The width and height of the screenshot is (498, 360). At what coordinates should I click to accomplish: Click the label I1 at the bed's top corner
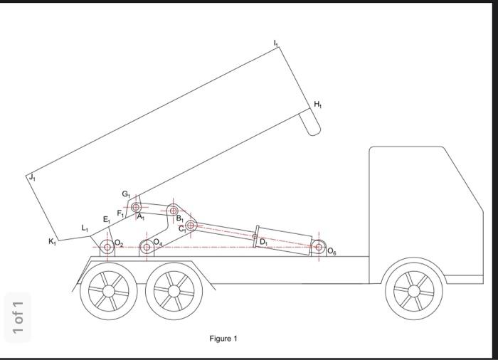[276, 43]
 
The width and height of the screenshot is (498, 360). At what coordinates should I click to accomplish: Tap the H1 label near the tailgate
[317, 105]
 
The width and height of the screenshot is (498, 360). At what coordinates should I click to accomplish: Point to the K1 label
[52, 242]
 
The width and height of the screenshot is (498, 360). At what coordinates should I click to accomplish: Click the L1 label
[85, 228]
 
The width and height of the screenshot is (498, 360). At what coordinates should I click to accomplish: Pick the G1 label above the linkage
[125, 194]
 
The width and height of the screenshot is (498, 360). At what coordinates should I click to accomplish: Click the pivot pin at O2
[107, 247]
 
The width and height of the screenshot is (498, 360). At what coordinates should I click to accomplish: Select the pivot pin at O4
[147, 247]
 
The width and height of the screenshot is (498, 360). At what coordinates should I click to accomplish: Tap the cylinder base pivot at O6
[319, 247]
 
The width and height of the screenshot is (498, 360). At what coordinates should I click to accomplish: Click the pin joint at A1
[136, 207]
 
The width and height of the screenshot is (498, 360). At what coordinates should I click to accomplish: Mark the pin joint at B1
[173, 210]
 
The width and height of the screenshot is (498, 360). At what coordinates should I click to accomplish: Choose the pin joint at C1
[190, 226]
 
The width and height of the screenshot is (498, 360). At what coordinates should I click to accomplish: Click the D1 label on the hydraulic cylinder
[263, 242]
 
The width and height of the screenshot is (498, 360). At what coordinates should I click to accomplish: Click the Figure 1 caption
[223, 339]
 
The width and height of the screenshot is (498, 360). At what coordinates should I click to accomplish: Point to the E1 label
[106, 220]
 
